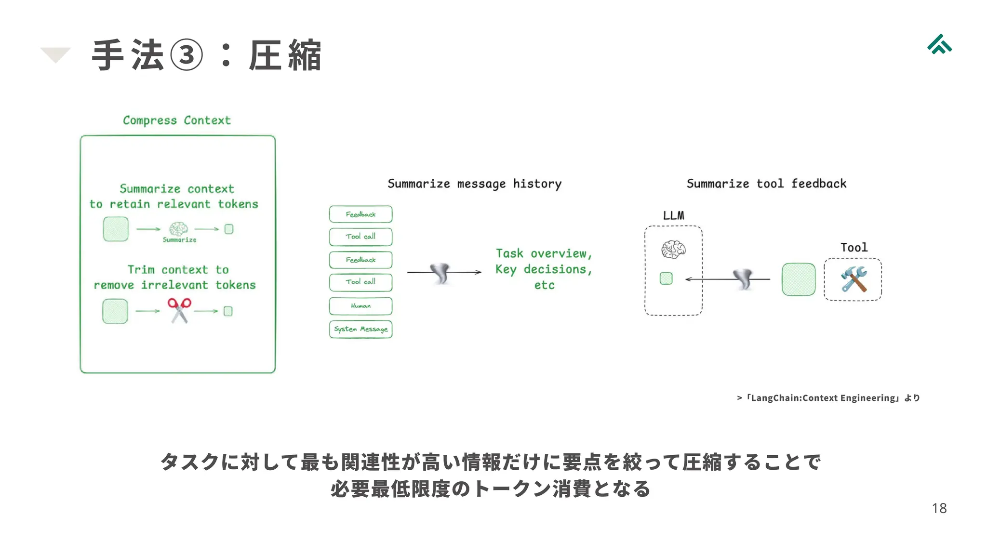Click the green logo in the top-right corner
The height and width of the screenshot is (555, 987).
pos(939,44)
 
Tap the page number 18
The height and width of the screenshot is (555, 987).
pos(939,508)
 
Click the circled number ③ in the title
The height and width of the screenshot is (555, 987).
pos(187,55)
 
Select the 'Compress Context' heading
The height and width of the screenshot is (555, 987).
pos(177,120)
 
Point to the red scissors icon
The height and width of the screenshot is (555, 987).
pos(179,310)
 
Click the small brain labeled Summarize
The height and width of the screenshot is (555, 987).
pos(178,228)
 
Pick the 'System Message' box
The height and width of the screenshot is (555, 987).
pos(360,329)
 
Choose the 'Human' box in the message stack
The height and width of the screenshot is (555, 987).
pos(360,306)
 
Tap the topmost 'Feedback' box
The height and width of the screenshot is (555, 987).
pos(360,214)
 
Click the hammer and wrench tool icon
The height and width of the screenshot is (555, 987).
pos(853,279)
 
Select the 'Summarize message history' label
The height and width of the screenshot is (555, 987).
pos(474,184)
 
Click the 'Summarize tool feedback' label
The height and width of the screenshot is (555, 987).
pos(766,184)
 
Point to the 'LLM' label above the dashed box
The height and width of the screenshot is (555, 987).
pos(673,215)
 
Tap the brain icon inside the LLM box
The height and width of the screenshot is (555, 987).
pos(673,249)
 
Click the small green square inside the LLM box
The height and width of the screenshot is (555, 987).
pos(666,278)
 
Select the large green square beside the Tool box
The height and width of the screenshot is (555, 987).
pos(799,279)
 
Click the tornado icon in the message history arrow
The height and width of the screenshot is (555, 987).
pos(440,273)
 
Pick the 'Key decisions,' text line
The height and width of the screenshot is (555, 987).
pos(544,269)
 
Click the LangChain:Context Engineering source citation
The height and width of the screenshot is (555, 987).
pos(828,398)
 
